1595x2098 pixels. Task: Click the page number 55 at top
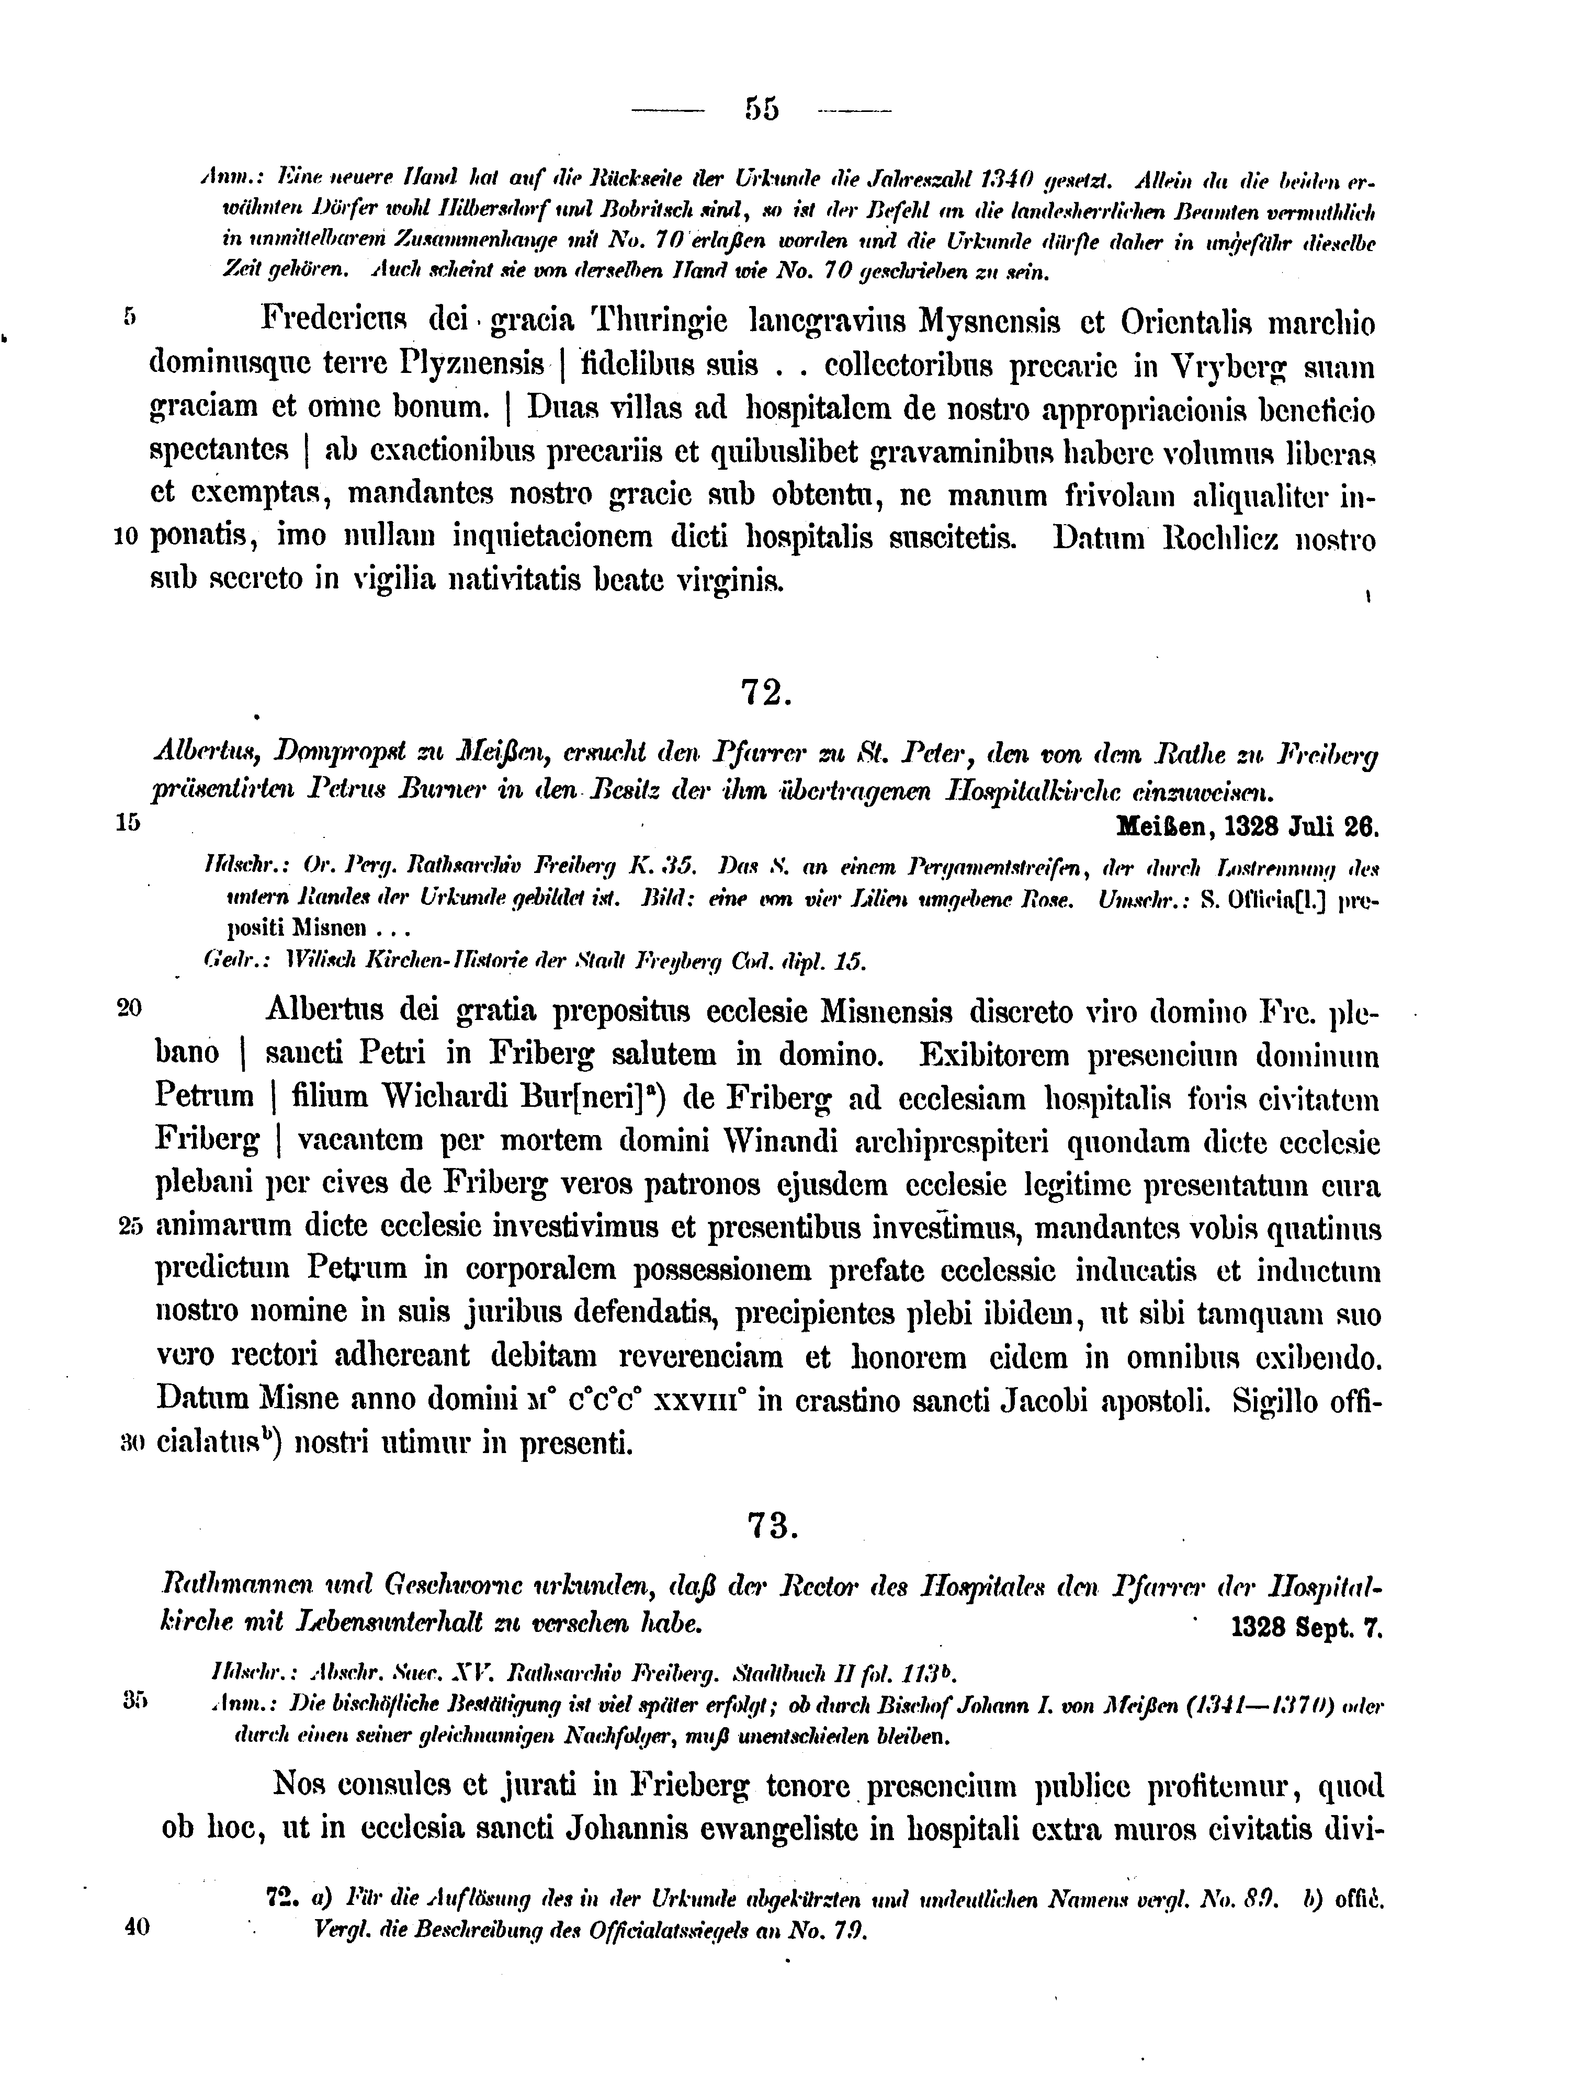[x=762, y=110]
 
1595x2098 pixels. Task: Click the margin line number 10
[x=127, y=537]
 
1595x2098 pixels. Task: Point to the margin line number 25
[x=130, y=1228]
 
